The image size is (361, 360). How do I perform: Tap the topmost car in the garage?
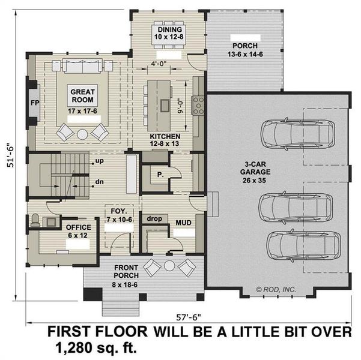tap(294, 131)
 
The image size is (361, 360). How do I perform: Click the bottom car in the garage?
tap(300, 244)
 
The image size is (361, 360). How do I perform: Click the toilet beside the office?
tap(35, 220)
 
